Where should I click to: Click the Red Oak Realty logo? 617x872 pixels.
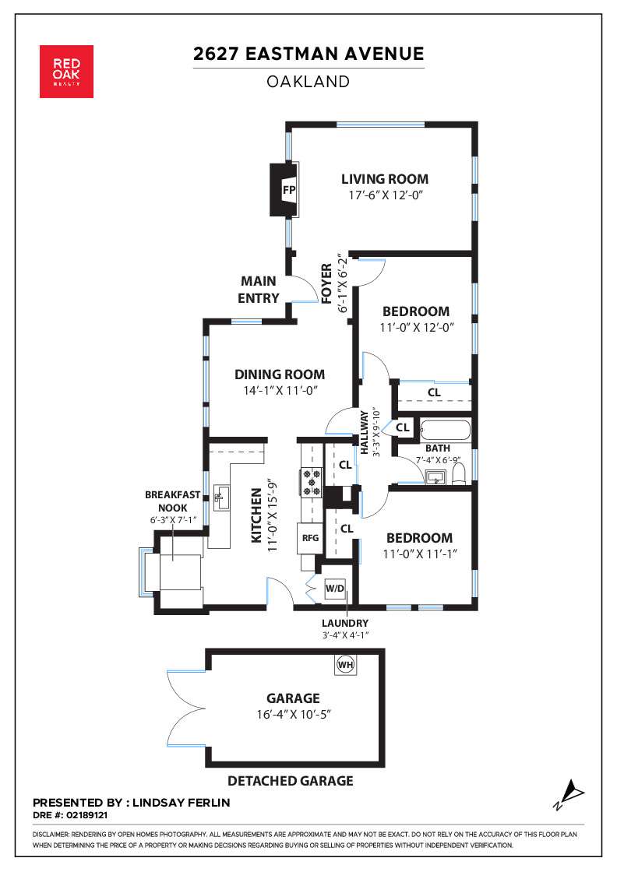click(x=66, y=72)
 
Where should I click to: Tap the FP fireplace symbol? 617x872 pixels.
click(x=284, y=190)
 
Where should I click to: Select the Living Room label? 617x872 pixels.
click(x=385, y=179)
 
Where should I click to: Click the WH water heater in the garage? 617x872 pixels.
click(x=345, y=665)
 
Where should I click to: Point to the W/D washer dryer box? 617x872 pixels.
click(x=335, y=589)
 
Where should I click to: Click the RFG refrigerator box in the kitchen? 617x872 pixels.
click(x=310, y=538)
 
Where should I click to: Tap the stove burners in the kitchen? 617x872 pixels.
click(x=311, y=482)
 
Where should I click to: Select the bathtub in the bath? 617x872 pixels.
click(x=445, y=431)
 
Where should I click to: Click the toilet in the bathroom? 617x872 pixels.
click(x=459, y=474)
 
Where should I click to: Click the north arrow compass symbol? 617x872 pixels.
click(x=569, y=794)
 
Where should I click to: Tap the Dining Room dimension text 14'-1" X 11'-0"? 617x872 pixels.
click(x=280, y=390)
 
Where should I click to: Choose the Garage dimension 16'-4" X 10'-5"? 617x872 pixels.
click(x=293, y=714)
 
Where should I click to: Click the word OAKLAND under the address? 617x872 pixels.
click(x=308, y=82)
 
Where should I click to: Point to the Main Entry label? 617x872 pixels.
click(x=258, y=290)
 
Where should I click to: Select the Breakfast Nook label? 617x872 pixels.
click(x=172, y=501)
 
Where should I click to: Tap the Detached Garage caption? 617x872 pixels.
click(x=291, y=781)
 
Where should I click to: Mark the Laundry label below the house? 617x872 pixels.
click(x=345, y=624)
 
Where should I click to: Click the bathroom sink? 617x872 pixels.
click(x=435, y=476)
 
